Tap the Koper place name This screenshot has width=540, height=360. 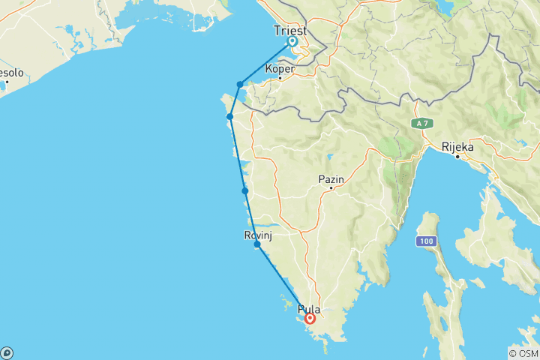(x=280, y=68)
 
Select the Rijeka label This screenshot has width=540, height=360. (x=457, y=147)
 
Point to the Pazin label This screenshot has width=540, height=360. (x=330, y=178)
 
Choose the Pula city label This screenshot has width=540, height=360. (x=308, y=308)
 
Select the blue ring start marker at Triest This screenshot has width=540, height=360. (x=292, y=42)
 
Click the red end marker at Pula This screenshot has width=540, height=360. (x=310, y=319)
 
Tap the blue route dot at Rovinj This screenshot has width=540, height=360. (x=257, y=244)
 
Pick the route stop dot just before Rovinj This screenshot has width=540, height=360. (x=245, y=191)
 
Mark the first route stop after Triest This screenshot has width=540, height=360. (x=239, y=85)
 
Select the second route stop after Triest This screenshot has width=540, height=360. (x=230, y=116)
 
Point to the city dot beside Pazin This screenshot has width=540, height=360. (x=330, y=188)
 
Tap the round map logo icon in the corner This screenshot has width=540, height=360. (x=7, y=352)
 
